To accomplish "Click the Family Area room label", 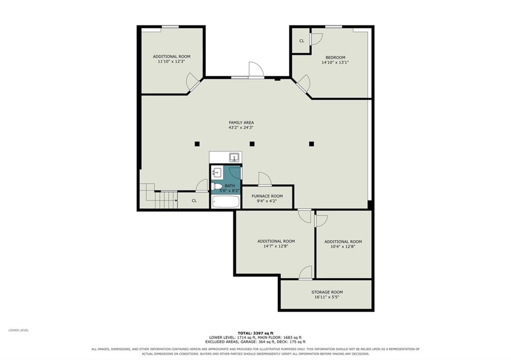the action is click(x=241, y=122).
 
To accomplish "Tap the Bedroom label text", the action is click(x=335, y=58).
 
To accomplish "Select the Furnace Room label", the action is click(x=267, y=196).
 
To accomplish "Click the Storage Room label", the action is click(x=327, y=292).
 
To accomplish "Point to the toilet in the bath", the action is click(x=216, y=186).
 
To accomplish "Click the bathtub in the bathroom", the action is click(x=226, y=202).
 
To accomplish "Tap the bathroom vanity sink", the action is click(x=217, y=172).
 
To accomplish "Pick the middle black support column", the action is click(x=252, y=144).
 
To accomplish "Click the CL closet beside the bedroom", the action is click(x=302, y=41).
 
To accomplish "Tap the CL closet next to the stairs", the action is click(x=194, y=200).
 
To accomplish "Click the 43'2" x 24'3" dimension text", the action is click(x=241, y=128).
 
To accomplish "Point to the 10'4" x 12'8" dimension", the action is click(x=343, y=247).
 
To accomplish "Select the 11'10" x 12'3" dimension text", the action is click(x=172, y=61).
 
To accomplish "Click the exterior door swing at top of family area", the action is click(x=256, y=69).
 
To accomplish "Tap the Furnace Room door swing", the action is click(x=265, y=179).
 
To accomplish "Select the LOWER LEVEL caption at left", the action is click(x=18, y=330).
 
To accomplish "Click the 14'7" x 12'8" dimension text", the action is click(x=276, y=246).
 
